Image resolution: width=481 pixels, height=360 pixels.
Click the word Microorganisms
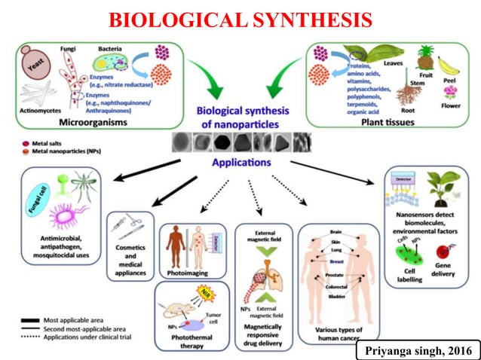[x=96, y=121]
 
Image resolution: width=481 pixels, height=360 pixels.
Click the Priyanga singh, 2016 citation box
[x=418, y=351]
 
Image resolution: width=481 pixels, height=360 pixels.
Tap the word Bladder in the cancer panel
[x=336, y=297]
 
